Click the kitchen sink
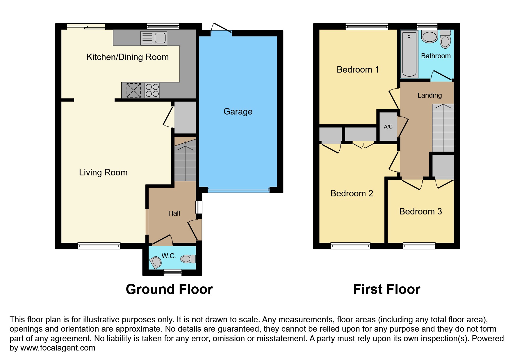(154, 38)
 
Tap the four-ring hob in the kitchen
(152, 90)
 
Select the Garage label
(238, 112)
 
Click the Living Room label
(103, 172)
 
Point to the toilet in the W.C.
(188, 259)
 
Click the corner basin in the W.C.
(156, 262)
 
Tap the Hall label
(174, 213)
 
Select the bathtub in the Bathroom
(409, 54)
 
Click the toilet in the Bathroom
(445, 39)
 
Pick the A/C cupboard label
(388, 127)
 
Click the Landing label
(430, 95)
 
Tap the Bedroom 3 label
(420, 212)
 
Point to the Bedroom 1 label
(358, 70)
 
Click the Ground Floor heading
(169, 289)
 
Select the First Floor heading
(386, 289)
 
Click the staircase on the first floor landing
(443, 128)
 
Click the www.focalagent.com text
(58, 348)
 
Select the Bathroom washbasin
(430, 37)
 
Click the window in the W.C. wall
(172, 272)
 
